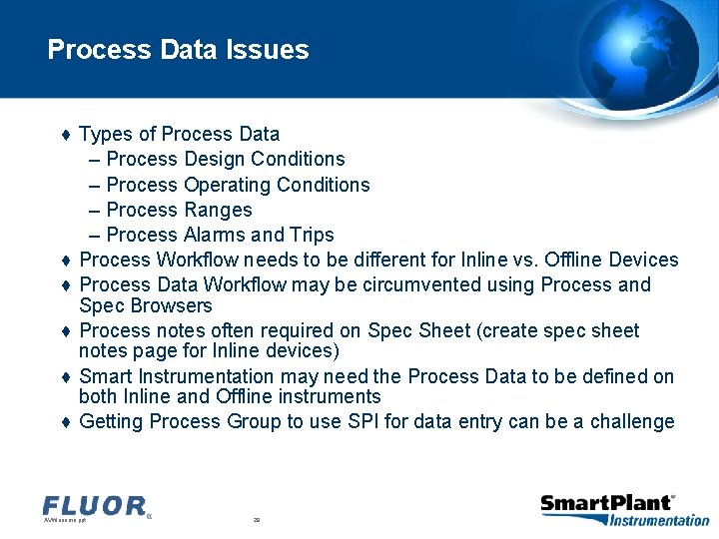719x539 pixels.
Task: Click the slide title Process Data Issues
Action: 178,50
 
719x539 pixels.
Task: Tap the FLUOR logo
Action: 95,506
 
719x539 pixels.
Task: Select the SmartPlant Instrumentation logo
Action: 624,509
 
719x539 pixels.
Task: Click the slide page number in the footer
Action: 257,520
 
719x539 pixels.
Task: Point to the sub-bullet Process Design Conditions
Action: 225,160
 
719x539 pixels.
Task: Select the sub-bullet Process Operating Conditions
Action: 237,185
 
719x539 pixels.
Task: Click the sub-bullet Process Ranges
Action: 179,210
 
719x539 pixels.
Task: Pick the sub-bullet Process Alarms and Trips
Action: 220,235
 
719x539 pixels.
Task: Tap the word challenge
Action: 632,421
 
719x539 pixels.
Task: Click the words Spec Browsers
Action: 145,305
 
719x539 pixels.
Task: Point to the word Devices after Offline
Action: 643,260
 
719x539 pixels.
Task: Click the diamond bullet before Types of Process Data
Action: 65,135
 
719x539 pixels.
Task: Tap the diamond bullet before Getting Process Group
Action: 65,422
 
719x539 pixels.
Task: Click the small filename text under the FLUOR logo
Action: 65,520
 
